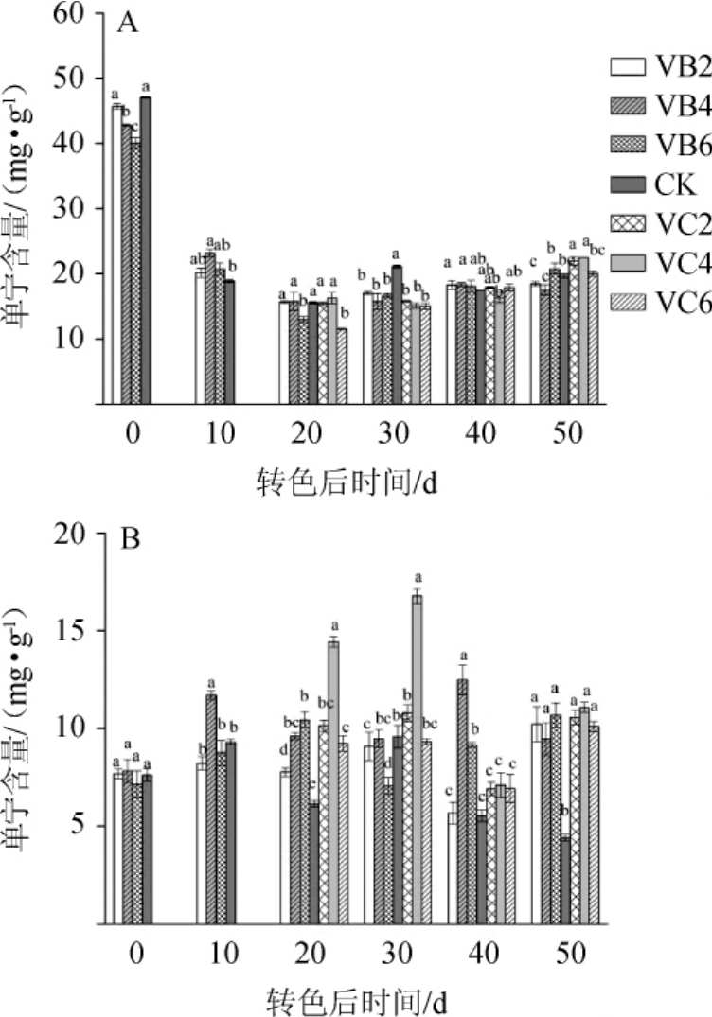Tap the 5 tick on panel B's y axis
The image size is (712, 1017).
tap(81, 826)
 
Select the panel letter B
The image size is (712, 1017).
tap(128, 543)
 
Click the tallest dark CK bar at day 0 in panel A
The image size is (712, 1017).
tap(146, 250)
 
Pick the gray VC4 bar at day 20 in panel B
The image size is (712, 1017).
tap(333, 782)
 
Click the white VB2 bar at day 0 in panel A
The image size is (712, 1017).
tap(117, 254)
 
